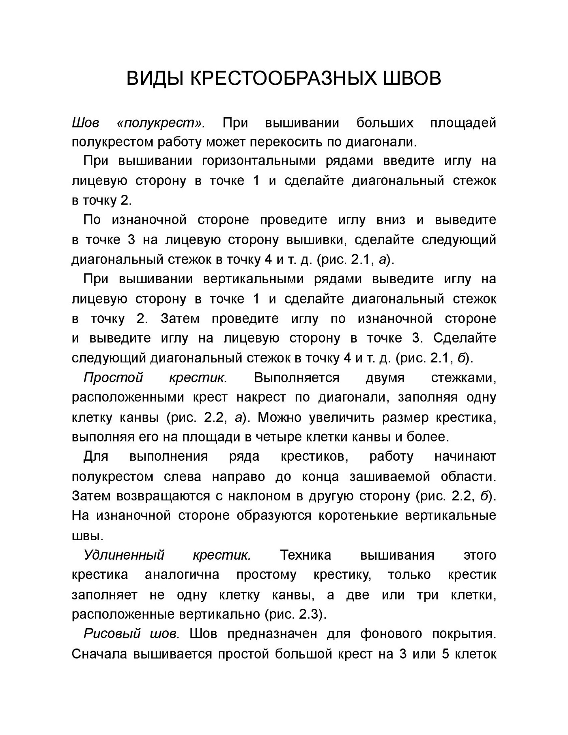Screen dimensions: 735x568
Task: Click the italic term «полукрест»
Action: pos(161,123)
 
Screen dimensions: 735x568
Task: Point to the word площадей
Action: pos(463,123)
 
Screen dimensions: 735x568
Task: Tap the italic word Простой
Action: pos(113,378)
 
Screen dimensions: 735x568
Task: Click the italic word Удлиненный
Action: pos(124,555)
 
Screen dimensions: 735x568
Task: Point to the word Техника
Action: pos(306,555)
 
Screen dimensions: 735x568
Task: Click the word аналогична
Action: pos(182,575)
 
